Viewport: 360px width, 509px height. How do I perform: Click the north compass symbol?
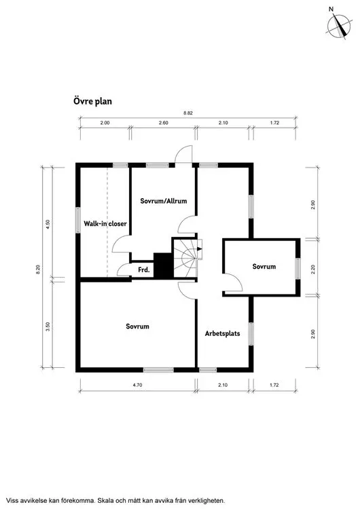[x=339, y=26]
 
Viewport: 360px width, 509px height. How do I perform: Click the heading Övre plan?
[x=92, y=101]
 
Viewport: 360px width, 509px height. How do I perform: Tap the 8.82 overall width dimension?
[x=187, y=113]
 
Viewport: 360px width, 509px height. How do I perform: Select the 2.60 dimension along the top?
[x=164, y=123]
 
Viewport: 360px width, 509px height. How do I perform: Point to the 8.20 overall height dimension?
[x=38, y=269]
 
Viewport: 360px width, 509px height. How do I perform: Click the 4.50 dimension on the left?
[x=48, y=225]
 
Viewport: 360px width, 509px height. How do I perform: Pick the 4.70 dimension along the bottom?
[x=137, y=385]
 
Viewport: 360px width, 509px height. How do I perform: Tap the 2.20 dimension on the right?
[x=313, y=269]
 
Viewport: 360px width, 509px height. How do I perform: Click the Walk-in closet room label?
[x=105, y=224]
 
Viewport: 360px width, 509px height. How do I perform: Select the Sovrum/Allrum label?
[x=164, y=201]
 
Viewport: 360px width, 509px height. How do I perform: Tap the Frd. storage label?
[x=144, y=269]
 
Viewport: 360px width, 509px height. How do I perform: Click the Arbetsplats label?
[x=223, y=333]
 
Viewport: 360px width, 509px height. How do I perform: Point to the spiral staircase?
[x=185, y=259]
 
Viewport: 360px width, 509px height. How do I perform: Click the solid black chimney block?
[x=163, y=265]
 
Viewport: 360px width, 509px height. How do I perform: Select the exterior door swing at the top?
[x=183, y=155]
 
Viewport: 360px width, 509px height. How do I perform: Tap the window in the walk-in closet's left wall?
[x=78, y=220]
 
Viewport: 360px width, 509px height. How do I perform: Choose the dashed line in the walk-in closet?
[x=107, y=223]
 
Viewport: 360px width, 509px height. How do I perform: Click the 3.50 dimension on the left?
[x=48, y=326]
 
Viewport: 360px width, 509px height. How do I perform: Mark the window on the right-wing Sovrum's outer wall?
[x=298, y=269]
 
